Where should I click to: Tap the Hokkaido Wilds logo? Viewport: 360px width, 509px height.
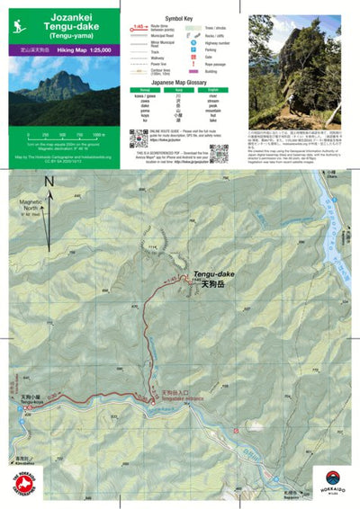332,483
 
